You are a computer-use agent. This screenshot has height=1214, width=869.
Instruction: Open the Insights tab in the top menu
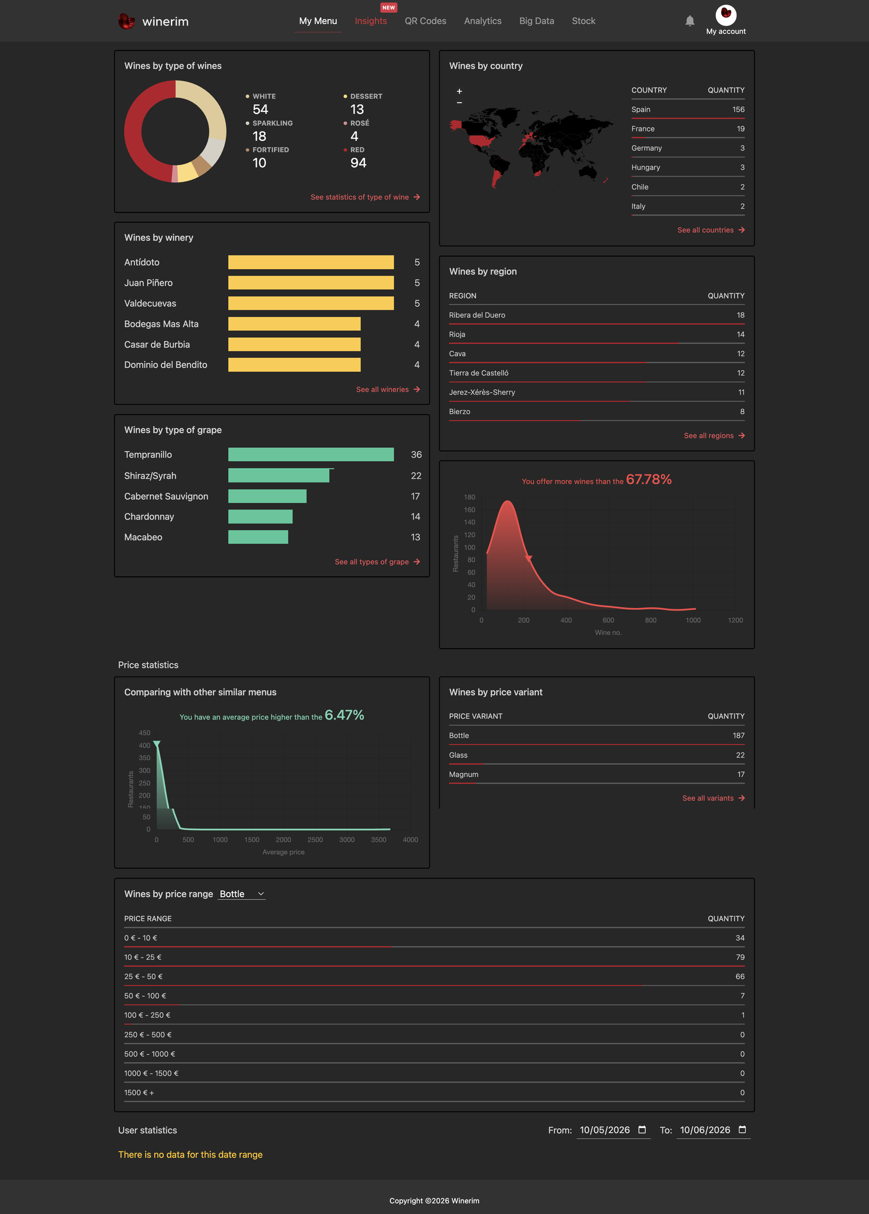tap(371, 21)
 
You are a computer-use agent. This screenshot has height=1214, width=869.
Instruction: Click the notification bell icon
tap(689, 21)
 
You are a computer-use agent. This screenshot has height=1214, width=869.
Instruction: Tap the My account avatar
tap(726, 14)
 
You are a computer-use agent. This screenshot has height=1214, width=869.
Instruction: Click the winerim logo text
tap(165, 21)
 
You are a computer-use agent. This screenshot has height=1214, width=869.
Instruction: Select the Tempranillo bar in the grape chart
tap(311, 455)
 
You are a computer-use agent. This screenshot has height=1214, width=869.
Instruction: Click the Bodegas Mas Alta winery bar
tap(294, 324)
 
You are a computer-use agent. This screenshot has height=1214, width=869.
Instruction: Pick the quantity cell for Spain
tap(738, 109)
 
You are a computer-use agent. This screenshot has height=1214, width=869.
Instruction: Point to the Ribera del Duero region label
tap(477, 315)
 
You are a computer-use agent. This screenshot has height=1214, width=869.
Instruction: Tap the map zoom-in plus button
tap(459, 92)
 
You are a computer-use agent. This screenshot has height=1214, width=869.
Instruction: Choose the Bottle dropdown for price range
tap(242, 894)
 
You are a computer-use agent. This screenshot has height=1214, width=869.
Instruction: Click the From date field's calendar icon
tap(642, 1129)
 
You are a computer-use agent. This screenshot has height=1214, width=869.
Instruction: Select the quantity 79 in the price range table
tap(740, 957)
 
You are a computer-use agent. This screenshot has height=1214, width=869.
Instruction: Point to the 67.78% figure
tap(649, 480)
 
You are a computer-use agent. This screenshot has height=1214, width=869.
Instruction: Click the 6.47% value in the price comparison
tap(345, 715)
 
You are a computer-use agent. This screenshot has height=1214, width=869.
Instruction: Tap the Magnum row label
tap(464, 774)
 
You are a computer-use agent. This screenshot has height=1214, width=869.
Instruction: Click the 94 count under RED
tap(359, 163)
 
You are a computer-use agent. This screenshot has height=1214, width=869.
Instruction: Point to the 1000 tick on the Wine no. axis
tap(693, 620)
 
